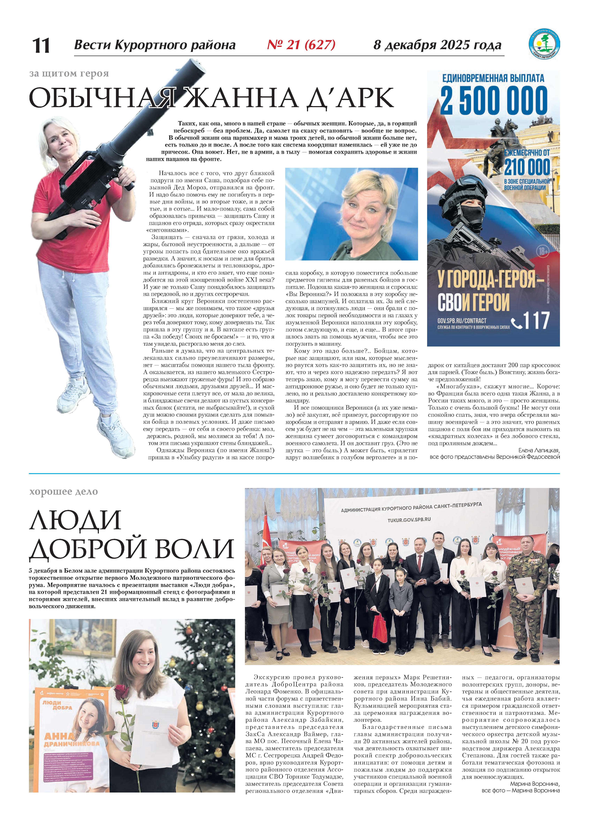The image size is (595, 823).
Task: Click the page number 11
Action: tap(41, 46)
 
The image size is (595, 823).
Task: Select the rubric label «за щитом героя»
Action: tap(69, 74)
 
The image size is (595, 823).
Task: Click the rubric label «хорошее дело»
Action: tap(63, 492)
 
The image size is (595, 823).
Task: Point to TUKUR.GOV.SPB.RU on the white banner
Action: tap(409, 520)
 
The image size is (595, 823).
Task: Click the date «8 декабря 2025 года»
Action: tap(437, 45)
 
